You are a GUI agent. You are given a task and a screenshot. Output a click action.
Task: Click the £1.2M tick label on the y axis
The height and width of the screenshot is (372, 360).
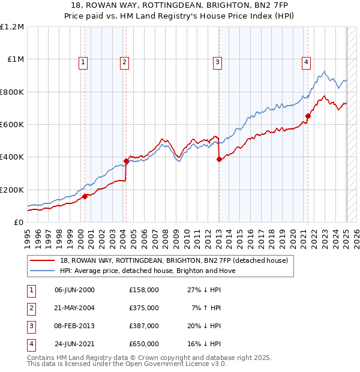point(12,27)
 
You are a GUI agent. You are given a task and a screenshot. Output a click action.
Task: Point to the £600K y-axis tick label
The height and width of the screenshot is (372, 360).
point(12,125)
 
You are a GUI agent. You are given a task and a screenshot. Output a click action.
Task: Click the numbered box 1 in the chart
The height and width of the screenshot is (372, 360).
point(83,61)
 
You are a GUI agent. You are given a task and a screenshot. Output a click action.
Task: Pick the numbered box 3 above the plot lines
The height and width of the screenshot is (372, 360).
point(217,61)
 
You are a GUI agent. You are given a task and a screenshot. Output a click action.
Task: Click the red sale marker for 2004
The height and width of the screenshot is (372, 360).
point(127,161)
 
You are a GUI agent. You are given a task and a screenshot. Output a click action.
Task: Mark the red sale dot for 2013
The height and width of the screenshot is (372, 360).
point(219,159)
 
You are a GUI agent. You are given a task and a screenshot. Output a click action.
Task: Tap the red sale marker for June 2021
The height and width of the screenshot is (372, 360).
point(308,116)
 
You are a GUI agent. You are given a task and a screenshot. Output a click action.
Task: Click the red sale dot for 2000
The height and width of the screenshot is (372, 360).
point(85,196)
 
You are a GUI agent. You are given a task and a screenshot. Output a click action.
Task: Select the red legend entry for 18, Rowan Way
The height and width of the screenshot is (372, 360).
point(174,260)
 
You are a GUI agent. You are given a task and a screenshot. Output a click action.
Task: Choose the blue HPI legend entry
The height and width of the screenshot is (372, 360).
point(148,271)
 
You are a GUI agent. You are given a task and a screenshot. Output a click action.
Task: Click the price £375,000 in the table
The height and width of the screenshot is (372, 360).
point(144,308)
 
